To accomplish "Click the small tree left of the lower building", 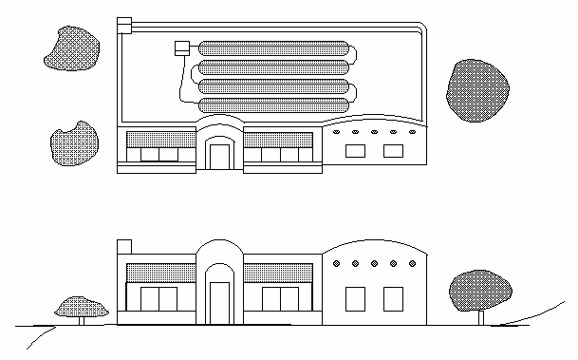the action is pyautogui.click(x=79, y=307).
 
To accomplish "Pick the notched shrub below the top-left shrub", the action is pyautogui.click(x=74, y=143).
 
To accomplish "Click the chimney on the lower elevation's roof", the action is pyautogui.click(x=122, y=249).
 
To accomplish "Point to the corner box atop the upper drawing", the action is pyautogui.click(x=123, y=26).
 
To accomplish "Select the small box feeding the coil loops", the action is pyautogui.click(x=182, y=47).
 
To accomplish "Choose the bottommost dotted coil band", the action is pyautogui.click(x=274, y=106).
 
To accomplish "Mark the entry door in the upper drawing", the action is pyautogui.click(x=219, y=156).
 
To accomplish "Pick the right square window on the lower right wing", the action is pyautogui.click(x=392, y=298).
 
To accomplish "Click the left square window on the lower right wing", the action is pyautogui.click(x=355, y=298).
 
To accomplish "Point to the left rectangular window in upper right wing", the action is pyautogui.click(x=355, y=150).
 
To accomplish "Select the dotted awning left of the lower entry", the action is pyautogui.click(x=159, y=274).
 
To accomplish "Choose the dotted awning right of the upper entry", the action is pyautogui.click(x=278, y=139).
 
